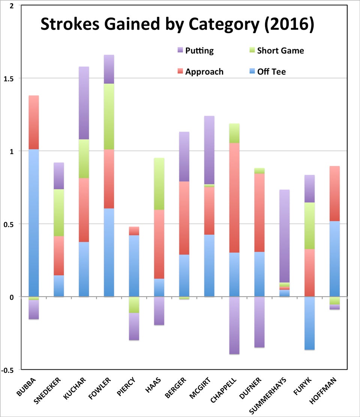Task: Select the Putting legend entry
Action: pyautogui.click(x=199, y=51)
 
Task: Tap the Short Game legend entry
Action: pyautogui.click(x=280, y=51)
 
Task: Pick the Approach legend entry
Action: pyautogui.click(x=204, y=72)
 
